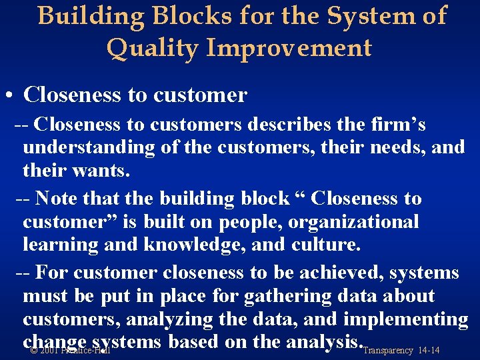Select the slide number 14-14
click(x=427, y=350)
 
